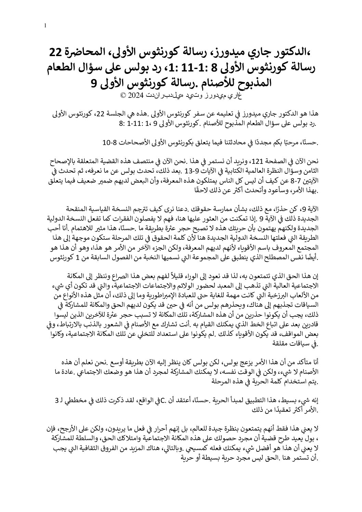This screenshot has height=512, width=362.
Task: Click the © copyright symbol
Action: point(123,95)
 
